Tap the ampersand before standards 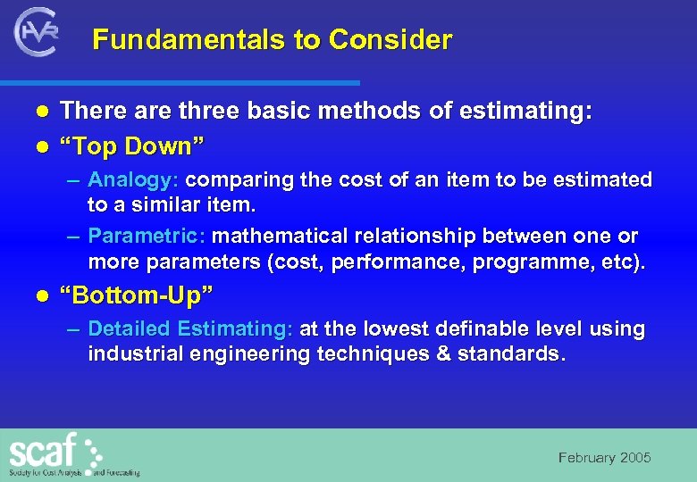445,354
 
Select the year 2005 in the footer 635,458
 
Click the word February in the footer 587,458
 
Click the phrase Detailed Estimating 189,329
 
